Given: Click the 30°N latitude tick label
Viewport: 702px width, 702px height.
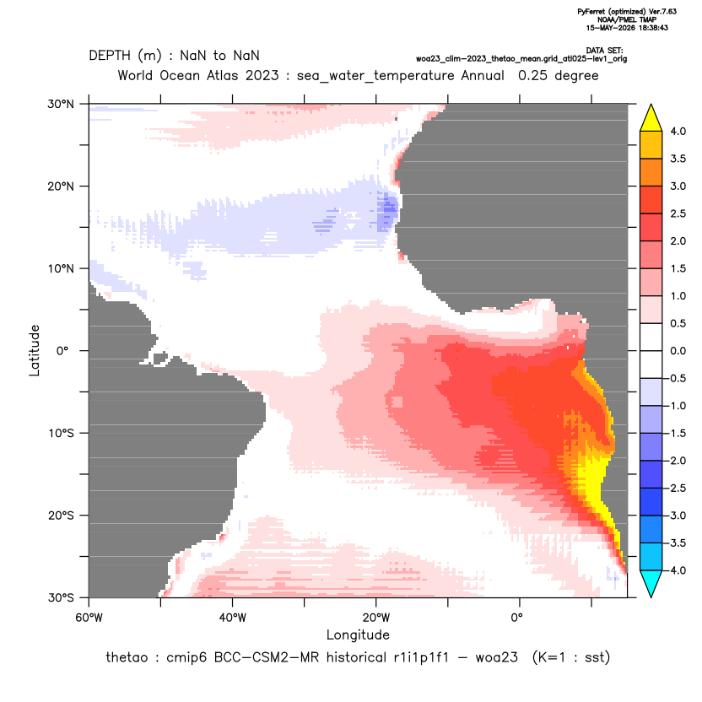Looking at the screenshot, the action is coord(61,104).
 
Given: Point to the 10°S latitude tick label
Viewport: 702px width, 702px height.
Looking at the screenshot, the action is coord(61,434).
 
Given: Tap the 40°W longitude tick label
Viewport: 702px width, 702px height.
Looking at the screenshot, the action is coord(232,618).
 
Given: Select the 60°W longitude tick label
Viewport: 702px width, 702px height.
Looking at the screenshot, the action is coord(89,618).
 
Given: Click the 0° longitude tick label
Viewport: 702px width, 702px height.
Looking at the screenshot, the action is coord(516,618).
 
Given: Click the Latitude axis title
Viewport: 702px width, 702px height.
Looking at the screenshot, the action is coord(35,350).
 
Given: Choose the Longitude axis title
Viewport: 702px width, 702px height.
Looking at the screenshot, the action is coord(358,634).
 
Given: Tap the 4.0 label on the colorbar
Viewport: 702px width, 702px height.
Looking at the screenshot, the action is coord(678,131).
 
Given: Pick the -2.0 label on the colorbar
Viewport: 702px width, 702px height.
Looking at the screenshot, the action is coord(676,461).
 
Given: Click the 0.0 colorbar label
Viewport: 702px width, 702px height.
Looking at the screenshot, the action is coord(678,351).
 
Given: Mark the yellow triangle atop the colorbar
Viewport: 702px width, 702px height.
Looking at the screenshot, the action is coord(651,118).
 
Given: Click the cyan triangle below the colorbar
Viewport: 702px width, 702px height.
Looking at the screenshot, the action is coord(651,584).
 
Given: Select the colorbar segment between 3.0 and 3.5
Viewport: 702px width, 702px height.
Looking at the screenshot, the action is coord(651,172).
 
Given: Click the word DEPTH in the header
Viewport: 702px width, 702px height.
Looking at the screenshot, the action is coord(110,56).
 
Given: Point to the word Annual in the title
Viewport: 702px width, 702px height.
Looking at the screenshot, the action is coord(483,75).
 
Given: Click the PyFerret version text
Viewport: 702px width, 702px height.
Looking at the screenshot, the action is coord(627,12).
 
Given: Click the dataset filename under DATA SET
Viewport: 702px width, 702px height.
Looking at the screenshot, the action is coord(521,59).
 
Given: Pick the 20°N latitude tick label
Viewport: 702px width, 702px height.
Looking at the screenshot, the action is coord(61,186).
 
